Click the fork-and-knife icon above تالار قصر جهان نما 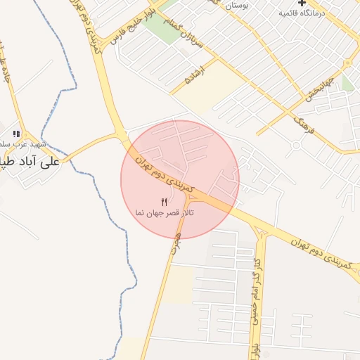[x=165, y=202]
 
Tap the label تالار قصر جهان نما [x=165, y=212]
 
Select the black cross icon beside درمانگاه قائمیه [x=302, y=4]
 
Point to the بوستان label [x=237, y=5]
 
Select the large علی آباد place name [x=32, y=160]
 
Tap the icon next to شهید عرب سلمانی [x=15, y=134]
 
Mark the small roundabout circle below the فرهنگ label [x=296, y=146]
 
